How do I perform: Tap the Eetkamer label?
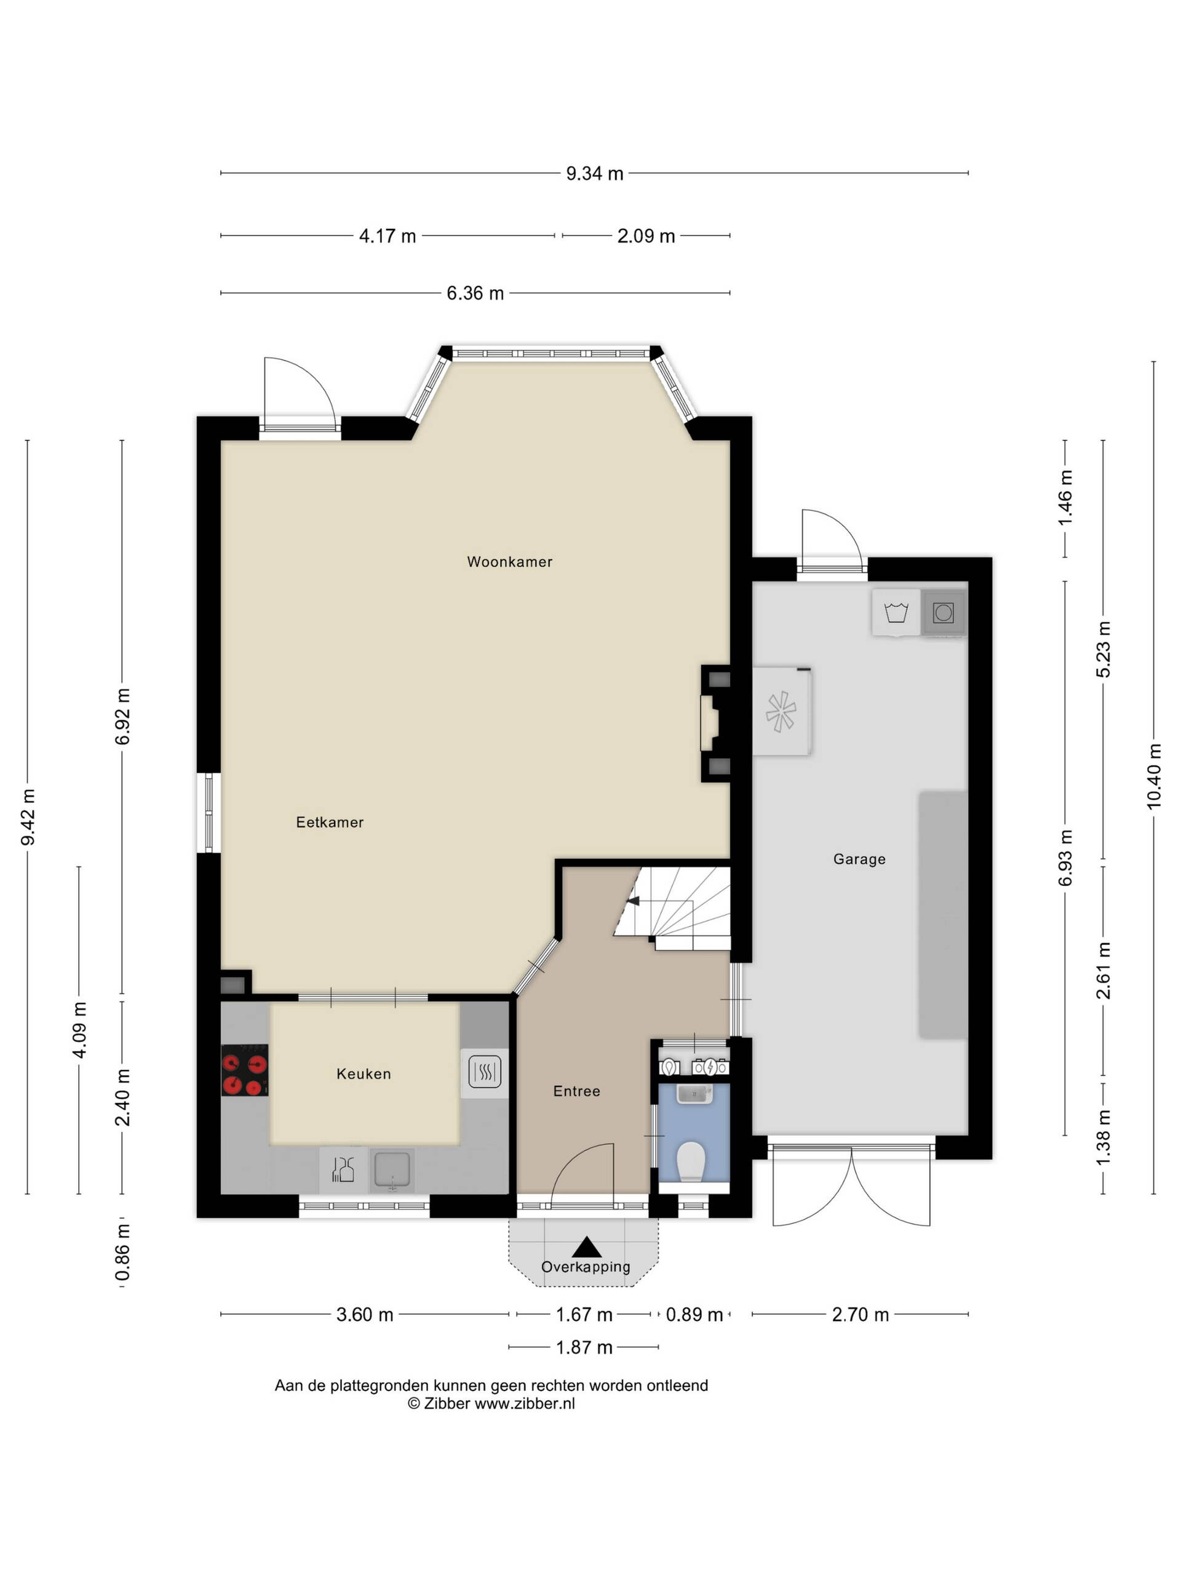click(330, 823)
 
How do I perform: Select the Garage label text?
click(859, 859)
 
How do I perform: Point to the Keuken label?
click(364, 1074)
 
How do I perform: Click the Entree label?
click(576, 1091)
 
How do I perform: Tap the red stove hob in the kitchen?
click(244, 1070)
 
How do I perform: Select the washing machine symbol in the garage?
click(896, 612)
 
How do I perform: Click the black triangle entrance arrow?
click(587, 1246)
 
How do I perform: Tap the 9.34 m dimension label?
click(594, 173)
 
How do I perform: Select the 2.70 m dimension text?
click(860, 1315)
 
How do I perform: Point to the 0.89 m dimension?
click(694, 1315)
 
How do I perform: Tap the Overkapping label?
click(586, 1267)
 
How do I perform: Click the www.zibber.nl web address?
click(525, 1403)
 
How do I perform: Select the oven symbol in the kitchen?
click(485, 1072)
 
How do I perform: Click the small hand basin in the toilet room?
click(694, 1093)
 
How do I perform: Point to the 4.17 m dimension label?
click(388, 236)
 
